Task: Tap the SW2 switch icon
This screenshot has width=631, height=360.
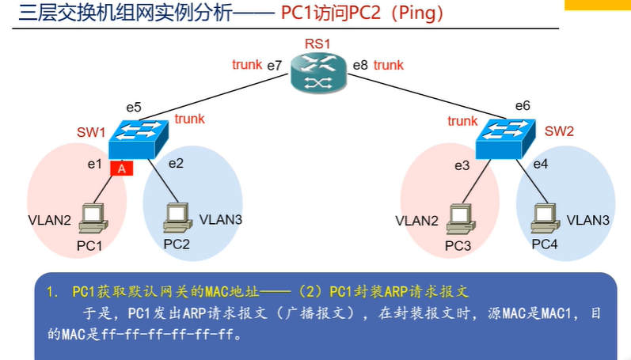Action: tap(507, 138)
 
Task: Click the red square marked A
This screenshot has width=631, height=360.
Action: tap(121, 167)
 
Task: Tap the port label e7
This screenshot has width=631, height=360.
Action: tap(275, 66)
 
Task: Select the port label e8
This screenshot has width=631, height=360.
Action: tap(359, 66)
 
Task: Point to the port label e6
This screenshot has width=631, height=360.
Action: tap(523, 105)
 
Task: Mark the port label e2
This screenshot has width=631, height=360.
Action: tap(176, 164)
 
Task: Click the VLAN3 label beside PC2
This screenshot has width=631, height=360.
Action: tap(220, 219)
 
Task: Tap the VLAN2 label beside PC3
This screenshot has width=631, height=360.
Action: tap(416, 221)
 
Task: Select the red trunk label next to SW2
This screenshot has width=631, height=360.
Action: tap(462, 121)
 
